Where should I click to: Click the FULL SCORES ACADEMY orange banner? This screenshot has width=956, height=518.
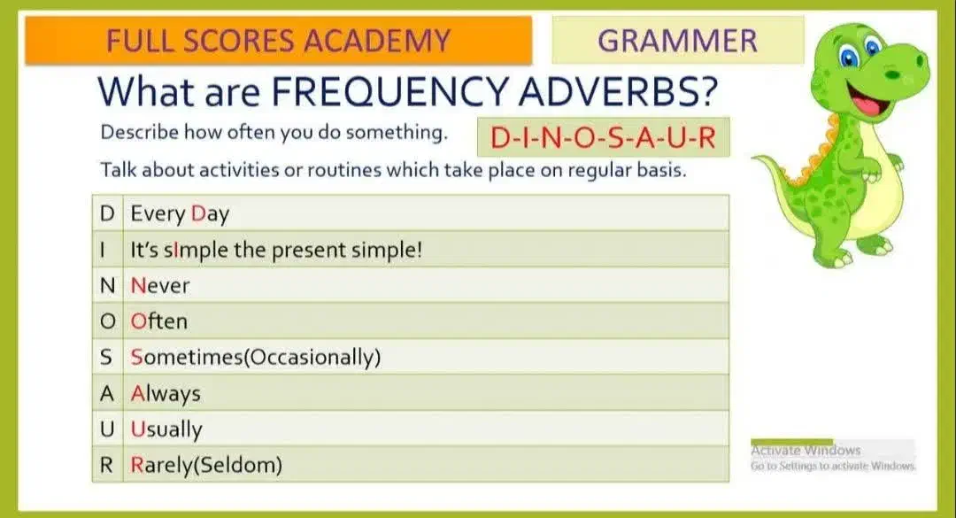[x=279, y=40]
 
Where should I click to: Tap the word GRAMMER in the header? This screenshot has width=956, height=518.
[x=677, y=41]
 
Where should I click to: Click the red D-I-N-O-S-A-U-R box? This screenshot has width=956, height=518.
[x=603, y=137]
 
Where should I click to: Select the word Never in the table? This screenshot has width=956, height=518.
[x=159, y=285]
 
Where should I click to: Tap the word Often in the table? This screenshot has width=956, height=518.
[x=159, y=321]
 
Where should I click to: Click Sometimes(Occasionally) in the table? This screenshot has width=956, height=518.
[x=256, y=357]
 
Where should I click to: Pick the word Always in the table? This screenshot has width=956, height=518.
[x=166, y=393]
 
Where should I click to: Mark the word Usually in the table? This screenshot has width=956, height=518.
[x=166, y=429]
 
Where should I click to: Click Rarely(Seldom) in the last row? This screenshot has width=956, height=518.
[x=206, y=465]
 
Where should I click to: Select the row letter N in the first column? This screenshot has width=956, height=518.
[x=107, y=285]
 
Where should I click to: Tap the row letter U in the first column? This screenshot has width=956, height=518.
[x=107, y=429]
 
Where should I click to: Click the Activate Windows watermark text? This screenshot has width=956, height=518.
[x=806, y=451]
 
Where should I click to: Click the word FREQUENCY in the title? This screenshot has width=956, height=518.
[x=389, y=91]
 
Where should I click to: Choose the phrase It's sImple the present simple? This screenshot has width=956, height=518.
[x=276, y=251]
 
